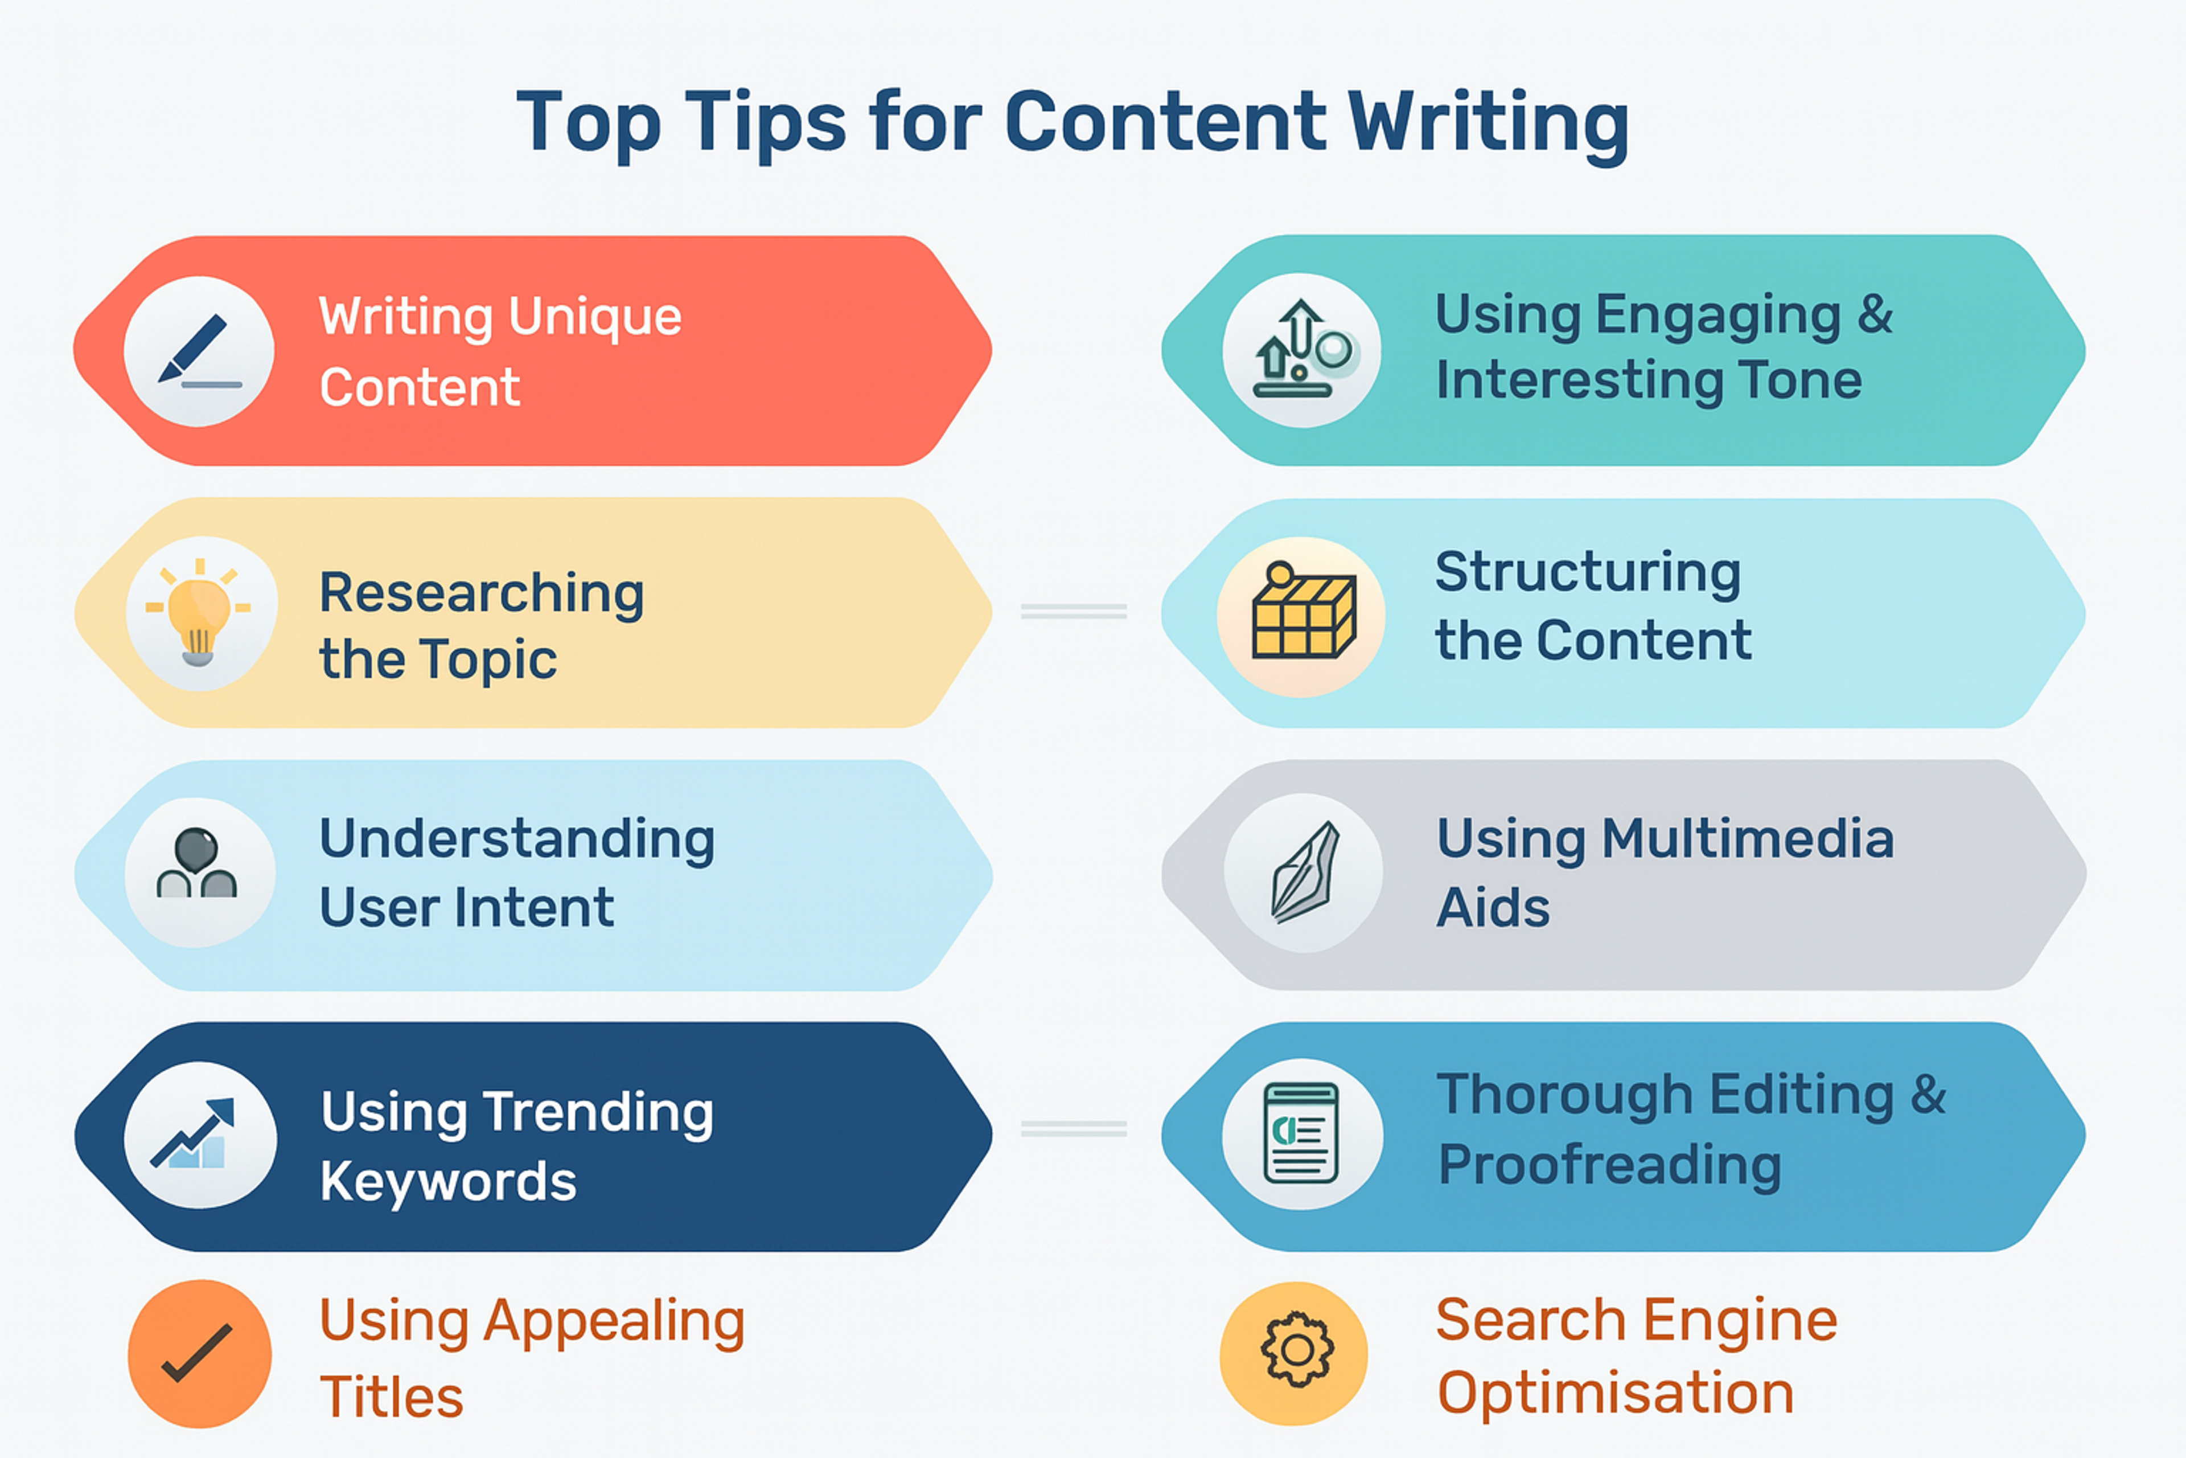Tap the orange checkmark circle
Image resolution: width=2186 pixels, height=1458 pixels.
point(199,1353)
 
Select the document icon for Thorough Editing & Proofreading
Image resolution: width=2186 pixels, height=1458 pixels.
point(1301,1133)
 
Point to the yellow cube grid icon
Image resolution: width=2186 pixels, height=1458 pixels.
point(1301,616)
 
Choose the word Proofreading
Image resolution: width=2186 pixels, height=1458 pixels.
point(1610,1165)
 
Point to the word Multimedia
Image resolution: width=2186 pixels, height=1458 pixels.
point(1747,839)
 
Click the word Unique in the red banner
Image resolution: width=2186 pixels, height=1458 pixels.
point(595,317)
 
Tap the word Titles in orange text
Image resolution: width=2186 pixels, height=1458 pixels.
point(391,1396)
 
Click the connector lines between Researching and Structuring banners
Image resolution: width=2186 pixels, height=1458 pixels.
point(1074,611)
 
